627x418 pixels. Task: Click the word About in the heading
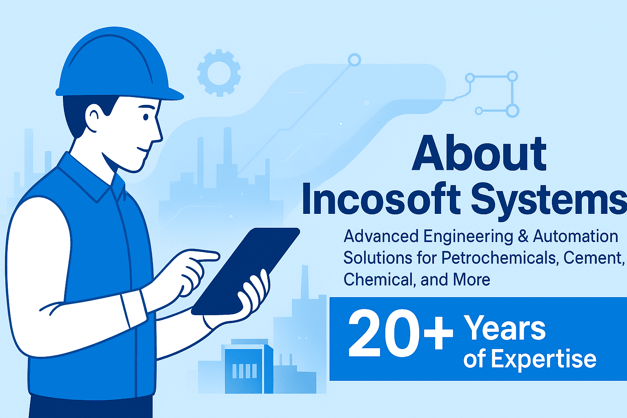(x=479, y=153)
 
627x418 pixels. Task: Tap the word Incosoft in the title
(x=381, y=198)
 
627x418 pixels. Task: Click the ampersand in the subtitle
(x=522, y=236)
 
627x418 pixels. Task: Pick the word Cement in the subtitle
(x=593, y=258)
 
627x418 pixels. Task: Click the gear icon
(x=219, y=73)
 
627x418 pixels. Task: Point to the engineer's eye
(x=146, y=117)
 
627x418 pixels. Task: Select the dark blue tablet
(x=246, y=271)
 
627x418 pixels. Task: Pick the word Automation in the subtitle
(x=575, y=236)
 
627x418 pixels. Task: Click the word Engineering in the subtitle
(x=468, y=237)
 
